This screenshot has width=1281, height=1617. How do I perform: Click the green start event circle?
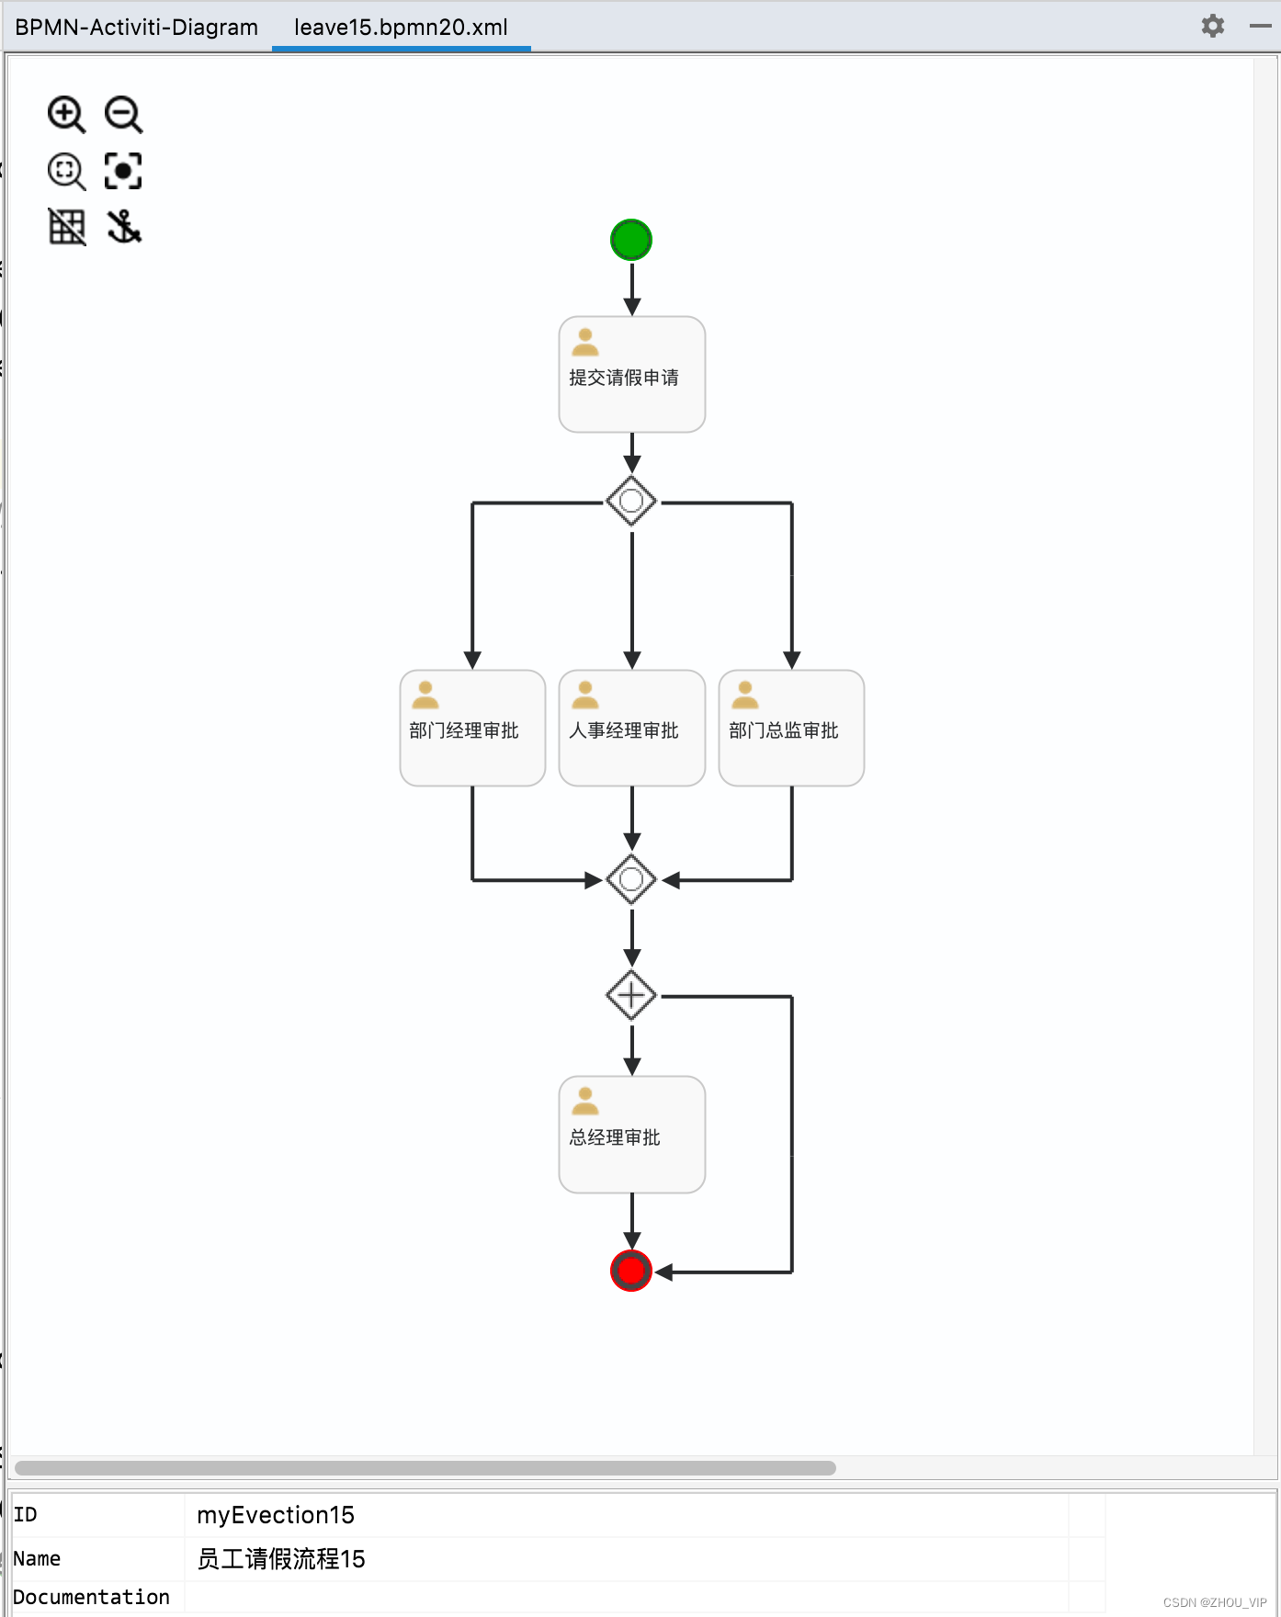coord(631,240)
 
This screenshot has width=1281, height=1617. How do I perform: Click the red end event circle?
coord(631,1271)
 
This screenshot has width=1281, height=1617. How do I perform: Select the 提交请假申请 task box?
coord(632,375)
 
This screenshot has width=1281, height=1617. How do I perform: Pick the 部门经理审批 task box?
coord(472,728)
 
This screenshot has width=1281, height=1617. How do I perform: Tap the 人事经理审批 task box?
coord(632,728)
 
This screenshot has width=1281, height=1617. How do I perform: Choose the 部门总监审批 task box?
coord(791,728)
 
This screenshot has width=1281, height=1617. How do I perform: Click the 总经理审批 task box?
coord(632,1135)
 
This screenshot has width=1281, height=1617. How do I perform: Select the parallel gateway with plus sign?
coord(631,995)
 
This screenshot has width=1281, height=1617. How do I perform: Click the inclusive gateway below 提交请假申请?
coord(631,501)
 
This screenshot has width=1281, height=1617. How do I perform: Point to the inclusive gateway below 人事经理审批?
coord(631,879)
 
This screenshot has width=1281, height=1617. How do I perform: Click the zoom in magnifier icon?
coord(66,115)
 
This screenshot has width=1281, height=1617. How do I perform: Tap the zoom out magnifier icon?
coord(123,115)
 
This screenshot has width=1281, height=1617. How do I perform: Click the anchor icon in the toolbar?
coord(123,226)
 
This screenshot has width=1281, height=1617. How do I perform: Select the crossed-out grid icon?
coord(66,226)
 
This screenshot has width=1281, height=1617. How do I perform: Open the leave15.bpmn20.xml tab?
coord(401,27)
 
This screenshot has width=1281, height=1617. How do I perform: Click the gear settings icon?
coord(1213,26)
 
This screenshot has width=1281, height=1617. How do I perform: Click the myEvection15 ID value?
coord(276,1515)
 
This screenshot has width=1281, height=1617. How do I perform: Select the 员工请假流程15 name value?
coord(281,1559)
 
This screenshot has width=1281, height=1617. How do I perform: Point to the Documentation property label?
coord(91,1598)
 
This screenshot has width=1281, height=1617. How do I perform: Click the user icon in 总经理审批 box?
coord(585,1101)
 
